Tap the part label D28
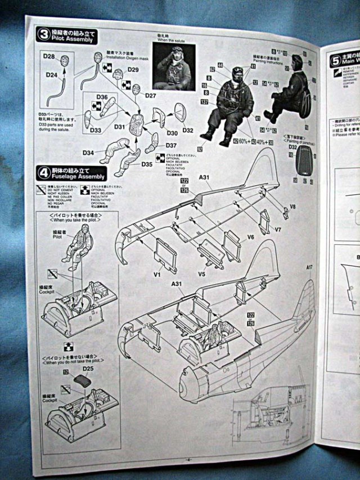49,57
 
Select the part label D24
52,75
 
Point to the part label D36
101,97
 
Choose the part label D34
88,153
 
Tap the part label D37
171,146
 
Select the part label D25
88,369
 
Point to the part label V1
157,275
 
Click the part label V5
202,275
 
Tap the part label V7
278,230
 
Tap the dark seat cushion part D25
83,381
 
